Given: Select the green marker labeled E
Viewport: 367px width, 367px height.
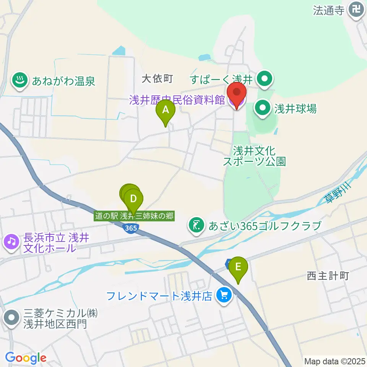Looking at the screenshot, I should click(238, 266).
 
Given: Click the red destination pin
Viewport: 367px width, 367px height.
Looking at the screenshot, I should click(236, 93).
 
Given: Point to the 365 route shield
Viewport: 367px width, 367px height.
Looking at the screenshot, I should click(131, 227).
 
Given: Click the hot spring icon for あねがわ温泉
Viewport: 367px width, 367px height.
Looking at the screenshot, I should click(18, 80).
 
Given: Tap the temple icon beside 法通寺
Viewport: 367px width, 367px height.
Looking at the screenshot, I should click(357, 9).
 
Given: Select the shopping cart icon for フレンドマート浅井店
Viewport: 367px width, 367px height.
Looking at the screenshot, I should click(224, 296).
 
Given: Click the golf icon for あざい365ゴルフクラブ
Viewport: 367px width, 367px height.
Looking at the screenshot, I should click(197, 226).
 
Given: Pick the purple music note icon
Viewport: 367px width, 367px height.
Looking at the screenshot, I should click(11, 242).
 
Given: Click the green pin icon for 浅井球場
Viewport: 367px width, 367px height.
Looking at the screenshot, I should click(263, 109).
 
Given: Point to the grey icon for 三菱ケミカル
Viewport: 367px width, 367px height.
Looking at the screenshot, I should click(11, 318).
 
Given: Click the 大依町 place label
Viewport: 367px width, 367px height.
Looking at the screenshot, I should click(157, 79).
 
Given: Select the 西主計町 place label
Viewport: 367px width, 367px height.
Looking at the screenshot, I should click(328, 276).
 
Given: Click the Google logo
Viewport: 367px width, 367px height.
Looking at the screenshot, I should click(26, 358).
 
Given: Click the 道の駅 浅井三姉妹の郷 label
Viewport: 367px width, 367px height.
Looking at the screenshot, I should click(135, 216).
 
